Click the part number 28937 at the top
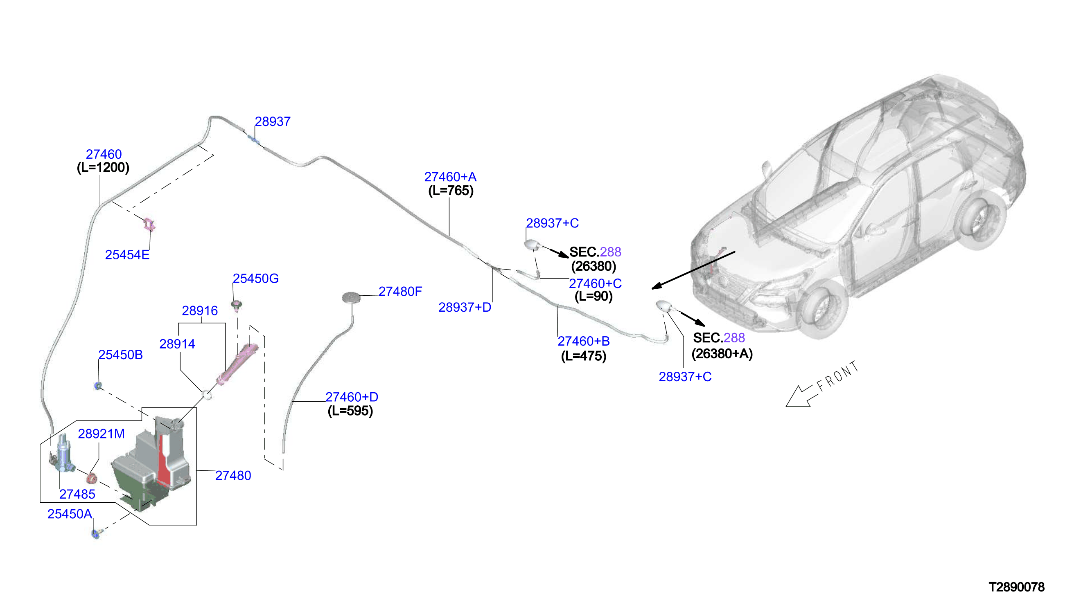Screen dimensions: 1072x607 [x=272, y=121]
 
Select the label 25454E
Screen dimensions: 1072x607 [x=127, y=255]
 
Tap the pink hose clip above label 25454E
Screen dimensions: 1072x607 [x=149, y=225]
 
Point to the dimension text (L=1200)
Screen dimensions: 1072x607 [x=103, y=168]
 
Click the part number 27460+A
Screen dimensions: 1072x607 [x=450, y=177]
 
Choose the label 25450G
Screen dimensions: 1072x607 [x=255, y=279]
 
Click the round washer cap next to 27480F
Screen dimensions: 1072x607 [x=351, y=298]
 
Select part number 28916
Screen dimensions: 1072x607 [x=199, y=310]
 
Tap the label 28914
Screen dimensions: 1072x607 [x=177, y=344]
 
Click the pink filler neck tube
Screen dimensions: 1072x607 [x=237, y=364]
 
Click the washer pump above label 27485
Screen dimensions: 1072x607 [x=64, y=454]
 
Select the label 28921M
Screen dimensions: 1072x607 [x=102, y=434]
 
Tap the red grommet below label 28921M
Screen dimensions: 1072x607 [x=92, y=479]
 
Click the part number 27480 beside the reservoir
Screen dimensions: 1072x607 [x=233, y=476]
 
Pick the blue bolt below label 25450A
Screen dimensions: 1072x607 [x=96, y=534]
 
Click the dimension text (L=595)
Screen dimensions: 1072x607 [x=350, y=411]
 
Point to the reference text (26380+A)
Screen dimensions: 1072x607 [x=722, y=354]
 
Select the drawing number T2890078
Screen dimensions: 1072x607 [x=1016, y=587]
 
